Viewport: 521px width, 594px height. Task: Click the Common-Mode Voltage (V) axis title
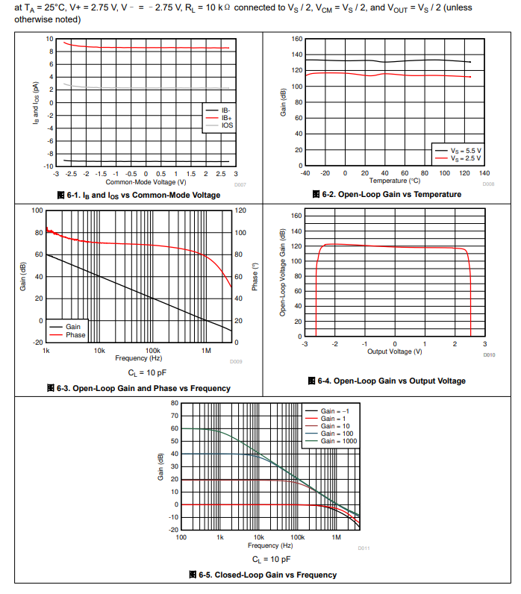pos(146,181)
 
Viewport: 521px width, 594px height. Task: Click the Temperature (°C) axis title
pos(394,181)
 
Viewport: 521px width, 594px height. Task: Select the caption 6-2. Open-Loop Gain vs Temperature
pos(387,194)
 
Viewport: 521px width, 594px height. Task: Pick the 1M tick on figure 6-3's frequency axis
pos(206,350)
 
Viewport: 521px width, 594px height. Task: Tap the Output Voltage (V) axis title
pos(395,351)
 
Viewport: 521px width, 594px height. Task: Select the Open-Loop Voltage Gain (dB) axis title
pos(283,273)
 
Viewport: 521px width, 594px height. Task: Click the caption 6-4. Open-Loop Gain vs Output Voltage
pos(386,381)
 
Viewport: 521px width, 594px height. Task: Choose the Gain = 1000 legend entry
pos(339,441)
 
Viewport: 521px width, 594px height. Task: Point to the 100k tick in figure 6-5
pos(297,537)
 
